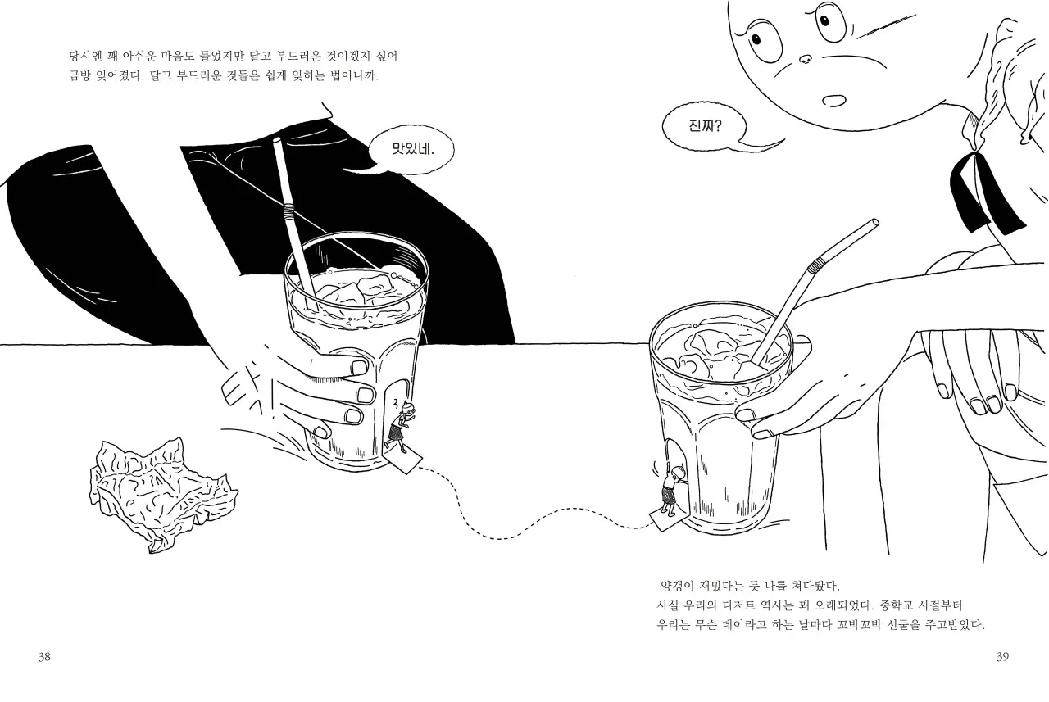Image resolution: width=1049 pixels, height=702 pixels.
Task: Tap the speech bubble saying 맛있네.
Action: [x=411, y=149]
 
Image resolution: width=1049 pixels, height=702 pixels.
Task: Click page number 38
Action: [x=44, y=657]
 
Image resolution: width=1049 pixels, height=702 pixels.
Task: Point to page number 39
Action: [x=1002, y=657]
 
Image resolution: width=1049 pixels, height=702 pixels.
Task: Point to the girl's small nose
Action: [x=806, y=59]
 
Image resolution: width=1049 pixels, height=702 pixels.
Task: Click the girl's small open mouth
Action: [x=834, y=101]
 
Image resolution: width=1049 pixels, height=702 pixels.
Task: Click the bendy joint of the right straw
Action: [x=815, y=265]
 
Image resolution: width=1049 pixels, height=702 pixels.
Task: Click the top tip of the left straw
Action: [x=277, y=139]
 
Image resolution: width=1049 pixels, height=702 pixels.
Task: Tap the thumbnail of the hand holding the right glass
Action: [x=746, y=414]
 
